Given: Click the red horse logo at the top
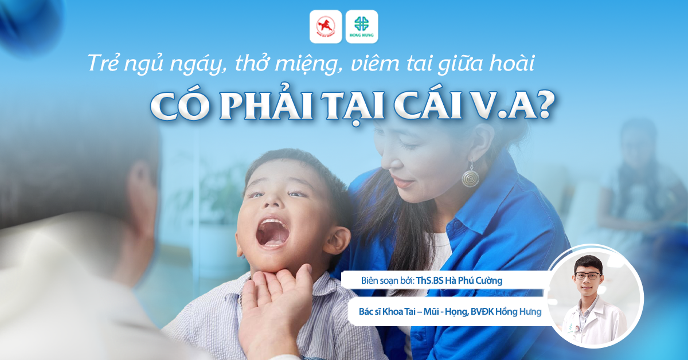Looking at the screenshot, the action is pos(326,27).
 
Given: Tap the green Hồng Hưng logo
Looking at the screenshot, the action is pos(362,27).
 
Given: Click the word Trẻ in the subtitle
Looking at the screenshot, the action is pos(104,62).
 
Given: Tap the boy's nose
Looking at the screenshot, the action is pos(272,200).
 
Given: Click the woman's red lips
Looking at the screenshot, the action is pos(402,182).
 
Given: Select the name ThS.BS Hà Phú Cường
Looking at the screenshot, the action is pos(459,280).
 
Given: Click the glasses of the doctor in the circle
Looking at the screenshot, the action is pos(587,276).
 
